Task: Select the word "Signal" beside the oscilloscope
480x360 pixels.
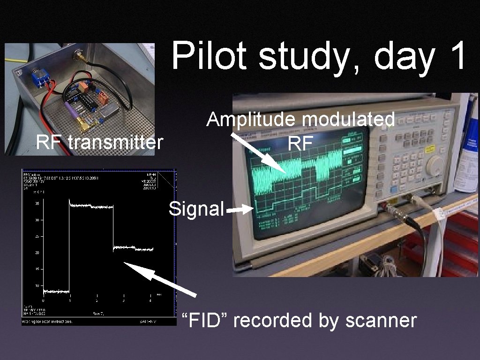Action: [x=196, y=209]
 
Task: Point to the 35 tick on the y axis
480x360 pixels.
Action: [x=37, y=204]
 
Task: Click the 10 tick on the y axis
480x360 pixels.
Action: [x=37, y=285]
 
